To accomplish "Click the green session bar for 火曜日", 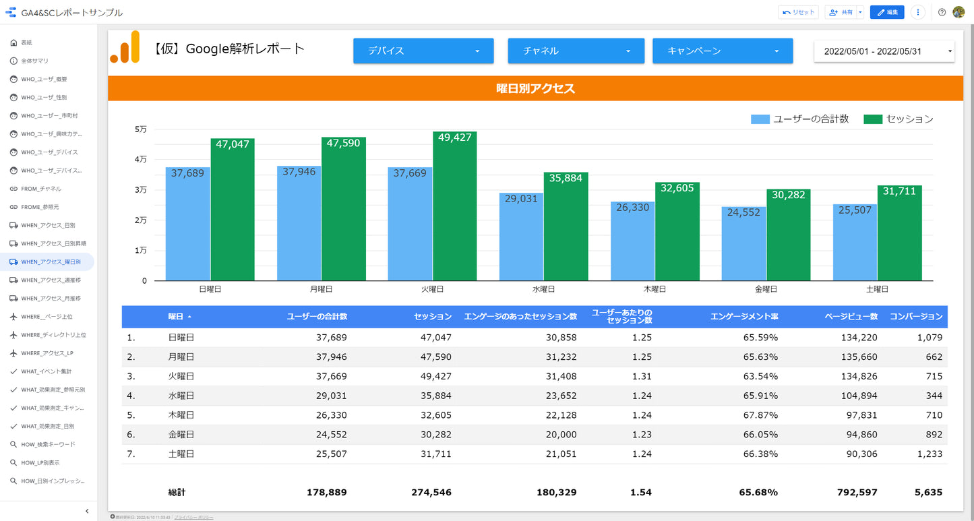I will coord(455,209).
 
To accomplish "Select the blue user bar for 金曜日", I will coord(743,246).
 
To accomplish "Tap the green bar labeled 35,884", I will coord(566,229).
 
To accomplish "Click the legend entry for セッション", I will coord(900,119).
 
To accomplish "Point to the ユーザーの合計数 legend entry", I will coord(800,119).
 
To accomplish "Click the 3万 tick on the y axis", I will coord(141,190).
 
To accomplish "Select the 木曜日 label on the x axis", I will coord(655,289).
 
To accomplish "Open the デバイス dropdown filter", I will coord(423,51).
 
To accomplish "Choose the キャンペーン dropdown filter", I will coord(723,51).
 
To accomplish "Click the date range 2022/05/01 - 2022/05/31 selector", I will coord(884,51).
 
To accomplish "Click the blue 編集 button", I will coord(886,12).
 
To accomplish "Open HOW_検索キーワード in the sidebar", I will coord(48,445).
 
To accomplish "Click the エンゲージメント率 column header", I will coord(744,317).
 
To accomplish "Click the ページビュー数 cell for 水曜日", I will coord(857,396).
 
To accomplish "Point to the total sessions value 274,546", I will coord(431,493).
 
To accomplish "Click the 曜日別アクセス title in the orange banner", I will coord(535,88).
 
